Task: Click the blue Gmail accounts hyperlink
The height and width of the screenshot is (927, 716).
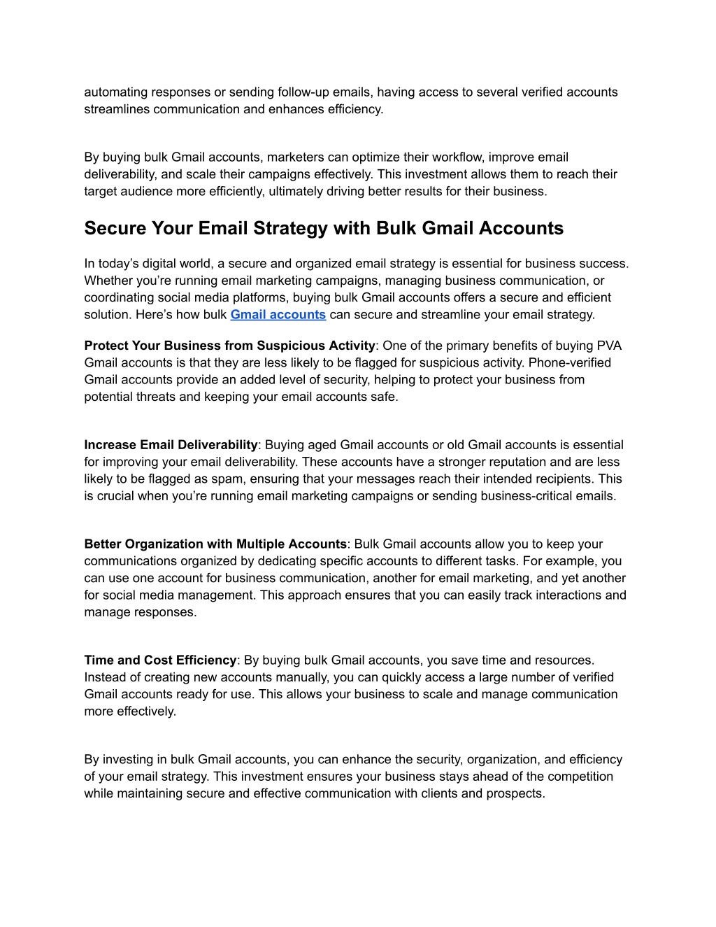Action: pyautogui.click(x=278, y=315)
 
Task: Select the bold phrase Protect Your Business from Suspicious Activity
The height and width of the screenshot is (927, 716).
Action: pyautogui.click(x=229, y=346)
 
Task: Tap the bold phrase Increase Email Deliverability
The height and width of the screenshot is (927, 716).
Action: pyautogui.click(x=171, y=445)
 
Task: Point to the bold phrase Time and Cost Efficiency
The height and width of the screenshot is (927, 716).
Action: pyautogui.click(x=160, y=660)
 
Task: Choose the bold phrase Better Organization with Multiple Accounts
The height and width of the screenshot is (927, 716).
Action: pyautogui.click(x=215, y=544)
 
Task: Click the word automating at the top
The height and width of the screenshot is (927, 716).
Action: pyautogui.click(x=116, y=92)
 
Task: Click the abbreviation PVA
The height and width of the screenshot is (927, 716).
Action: pyautogui.click(x=608, y=346)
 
